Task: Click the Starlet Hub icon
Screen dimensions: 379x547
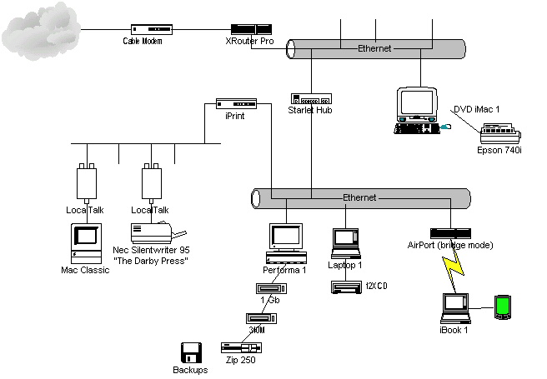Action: point(311,98)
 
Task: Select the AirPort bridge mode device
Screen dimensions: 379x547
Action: point(450,232)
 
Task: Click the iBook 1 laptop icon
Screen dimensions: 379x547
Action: point(456,307)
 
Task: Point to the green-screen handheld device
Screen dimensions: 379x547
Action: point(502,307)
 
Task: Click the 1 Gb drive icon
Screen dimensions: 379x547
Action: point(268,288)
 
